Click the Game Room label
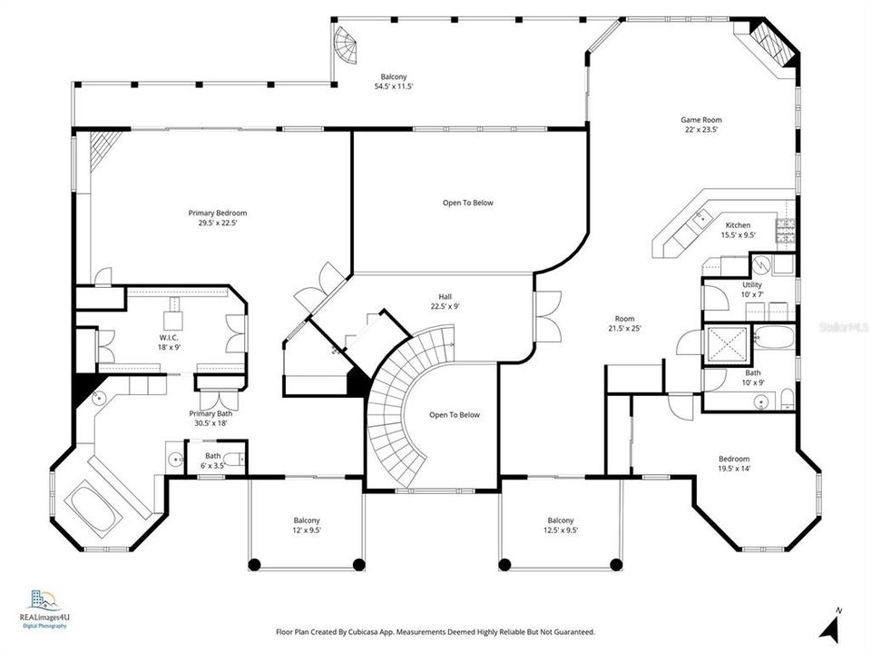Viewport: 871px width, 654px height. [701, 120]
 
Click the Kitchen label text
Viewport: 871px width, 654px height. [738, 225]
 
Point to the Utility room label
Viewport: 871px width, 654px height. [752, 285]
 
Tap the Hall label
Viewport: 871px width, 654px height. [445, 297]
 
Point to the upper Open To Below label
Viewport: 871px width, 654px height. [468, 203]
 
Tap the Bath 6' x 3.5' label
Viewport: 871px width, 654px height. [212, 461]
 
